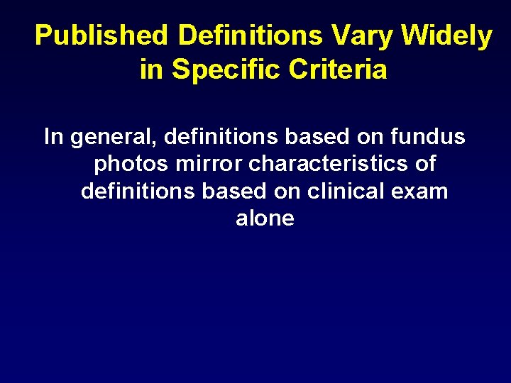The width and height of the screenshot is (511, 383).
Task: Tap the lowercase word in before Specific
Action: click(x=150, y=70)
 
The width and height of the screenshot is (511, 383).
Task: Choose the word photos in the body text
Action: click(x=132, y=164)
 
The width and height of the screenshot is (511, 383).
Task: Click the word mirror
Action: click(x=209, y=164)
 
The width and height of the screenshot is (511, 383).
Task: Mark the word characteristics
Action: click(x=329, y=163)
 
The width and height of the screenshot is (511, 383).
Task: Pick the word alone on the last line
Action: click(x=265, y=218)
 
